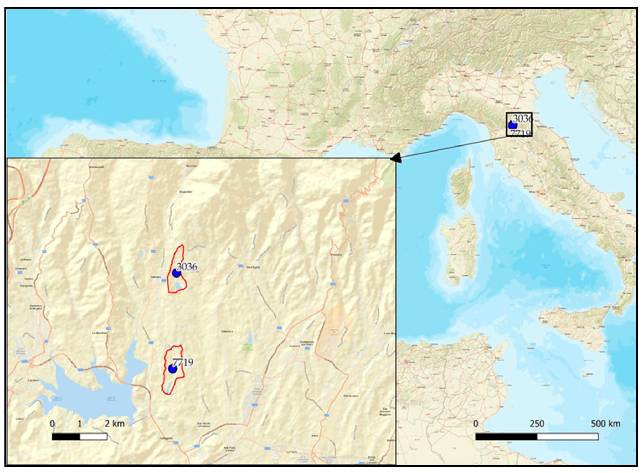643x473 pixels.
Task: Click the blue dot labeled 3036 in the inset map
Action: click(176, 273)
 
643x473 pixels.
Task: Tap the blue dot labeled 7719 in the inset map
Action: click(172, 369)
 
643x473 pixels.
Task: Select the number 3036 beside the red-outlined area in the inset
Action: click(187, 266)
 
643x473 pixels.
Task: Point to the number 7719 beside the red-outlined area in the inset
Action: click(183, 362)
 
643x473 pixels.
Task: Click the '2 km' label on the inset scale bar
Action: click(114, 424)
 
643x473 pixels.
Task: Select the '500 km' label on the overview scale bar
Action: click(605, 424)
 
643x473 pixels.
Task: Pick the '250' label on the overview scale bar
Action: click(537, 424)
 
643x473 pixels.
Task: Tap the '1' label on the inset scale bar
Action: click(80, 424)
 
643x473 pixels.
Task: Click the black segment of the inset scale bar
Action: click(66, 437)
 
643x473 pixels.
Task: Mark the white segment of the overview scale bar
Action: click(568, 437)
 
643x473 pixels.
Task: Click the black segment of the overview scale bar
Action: click(506, 437)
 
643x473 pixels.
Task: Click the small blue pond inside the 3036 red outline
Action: click(179, 285)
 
